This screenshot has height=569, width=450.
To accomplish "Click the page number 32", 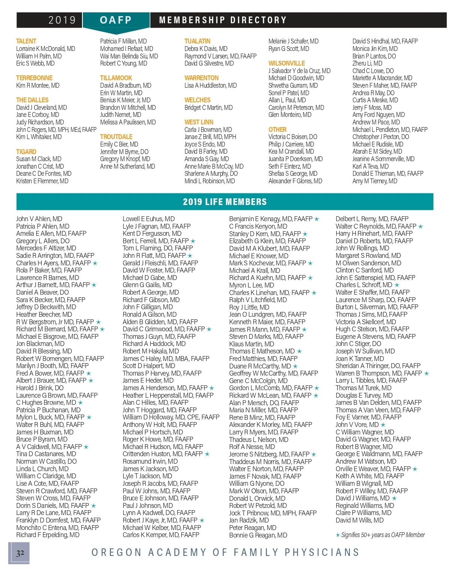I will coord(20,553).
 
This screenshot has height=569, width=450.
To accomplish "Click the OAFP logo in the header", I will coord(115,20).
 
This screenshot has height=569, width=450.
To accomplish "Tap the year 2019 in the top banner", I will coord(62,20).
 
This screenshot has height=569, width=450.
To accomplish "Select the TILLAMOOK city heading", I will coord(116,78).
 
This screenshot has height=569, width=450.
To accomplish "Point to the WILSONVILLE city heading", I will coord(286,63).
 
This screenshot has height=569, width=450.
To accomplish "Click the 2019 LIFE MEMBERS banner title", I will coord(225,202).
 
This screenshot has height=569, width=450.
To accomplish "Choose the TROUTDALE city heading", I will coord(116,137).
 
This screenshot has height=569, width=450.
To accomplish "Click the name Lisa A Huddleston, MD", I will coord(210,85).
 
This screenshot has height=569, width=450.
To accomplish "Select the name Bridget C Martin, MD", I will coord(208,108).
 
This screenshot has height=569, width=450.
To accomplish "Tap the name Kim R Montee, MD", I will coord(37,85).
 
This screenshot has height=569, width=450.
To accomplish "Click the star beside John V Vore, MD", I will coord(383,425).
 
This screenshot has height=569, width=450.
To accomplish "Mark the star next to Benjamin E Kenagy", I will coord(317,219).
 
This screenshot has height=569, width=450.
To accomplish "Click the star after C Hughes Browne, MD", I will coord(80,403).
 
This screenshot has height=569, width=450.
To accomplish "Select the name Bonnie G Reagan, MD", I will coord(258,535).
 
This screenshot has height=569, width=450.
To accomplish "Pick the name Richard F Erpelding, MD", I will coord(48,535).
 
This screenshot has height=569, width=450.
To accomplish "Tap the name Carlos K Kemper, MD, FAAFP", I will coord(160,535).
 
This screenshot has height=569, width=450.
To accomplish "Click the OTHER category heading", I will coord(277,129).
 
